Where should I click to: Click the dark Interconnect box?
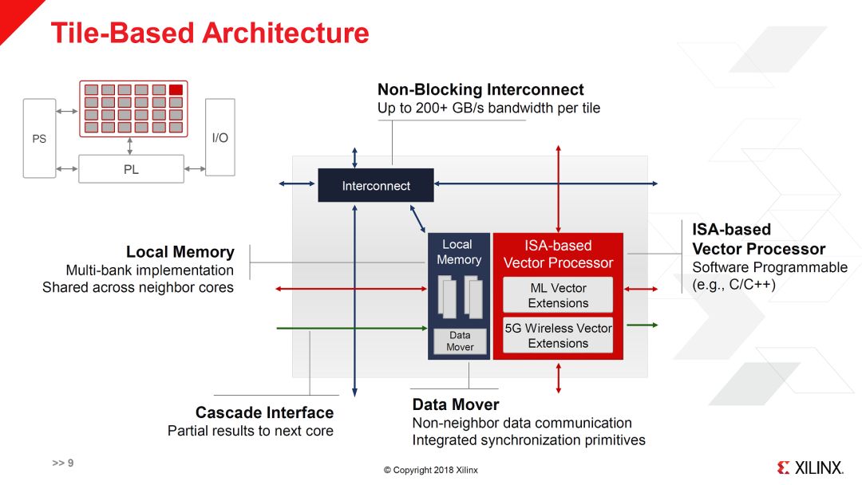(376, 186)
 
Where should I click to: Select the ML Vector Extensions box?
(558, 295)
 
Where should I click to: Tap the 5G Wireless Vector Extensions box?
(558, 336)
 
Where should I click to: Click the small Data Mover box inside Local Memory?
(460, 341)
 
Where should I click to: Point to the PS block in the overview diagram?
(39, 138)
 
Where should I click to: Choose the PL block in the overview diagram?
(131, 169)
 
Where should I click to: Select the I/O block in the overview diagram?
(219, 137)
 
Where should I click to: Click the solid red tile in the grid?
(176, 89)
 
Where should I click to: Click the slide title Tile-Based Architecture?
(210, 34)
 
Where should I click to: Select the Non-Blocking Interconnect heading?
(480, 90)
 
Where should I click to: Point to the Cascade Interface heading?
(264, 412)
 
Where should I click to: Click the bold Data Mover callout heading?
(455, 404)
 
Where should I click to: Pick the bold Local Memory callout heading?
(180, 252)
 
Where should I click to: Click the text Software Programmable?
(769, 267)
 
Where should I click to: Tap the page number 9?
(69, 463)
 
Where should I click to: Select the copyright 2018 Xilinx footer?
(430, 470)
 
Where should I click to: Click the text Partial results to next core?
(250, 431)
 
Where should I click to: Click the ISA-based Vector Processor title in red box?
(558, 254)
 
